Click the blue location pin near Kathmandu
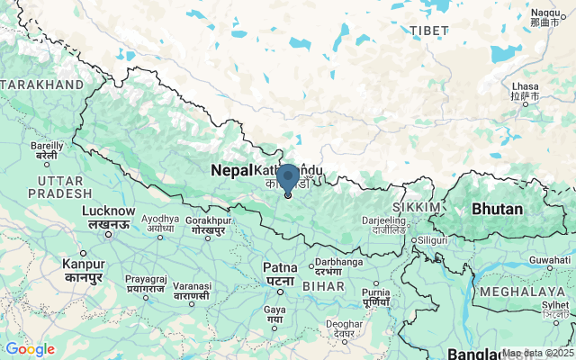(x=287, y=178)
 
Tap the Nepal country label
(x=230, y=170)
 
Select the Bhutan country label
(x=497, y=209)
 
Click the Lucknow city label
(x=108, y=211)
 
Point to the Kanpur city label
(x=83, y=264)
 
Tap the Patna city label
(x=280, y=267)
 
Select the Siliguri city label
(x=432, y=240)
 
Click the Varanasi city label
(x=192, y=286)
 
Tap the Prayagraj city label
(x=144, y=280)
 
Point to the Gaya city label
(x=274, y=310)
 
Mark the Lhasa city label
(x=524, y=87)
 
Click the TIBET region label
(x=428, y=31)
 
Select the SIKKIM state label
(x=423, y=207)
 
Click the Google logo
(x=30, y=349)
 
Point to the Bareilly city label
(x=47, y=145)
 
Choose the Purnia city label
(x=375, y=292)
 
